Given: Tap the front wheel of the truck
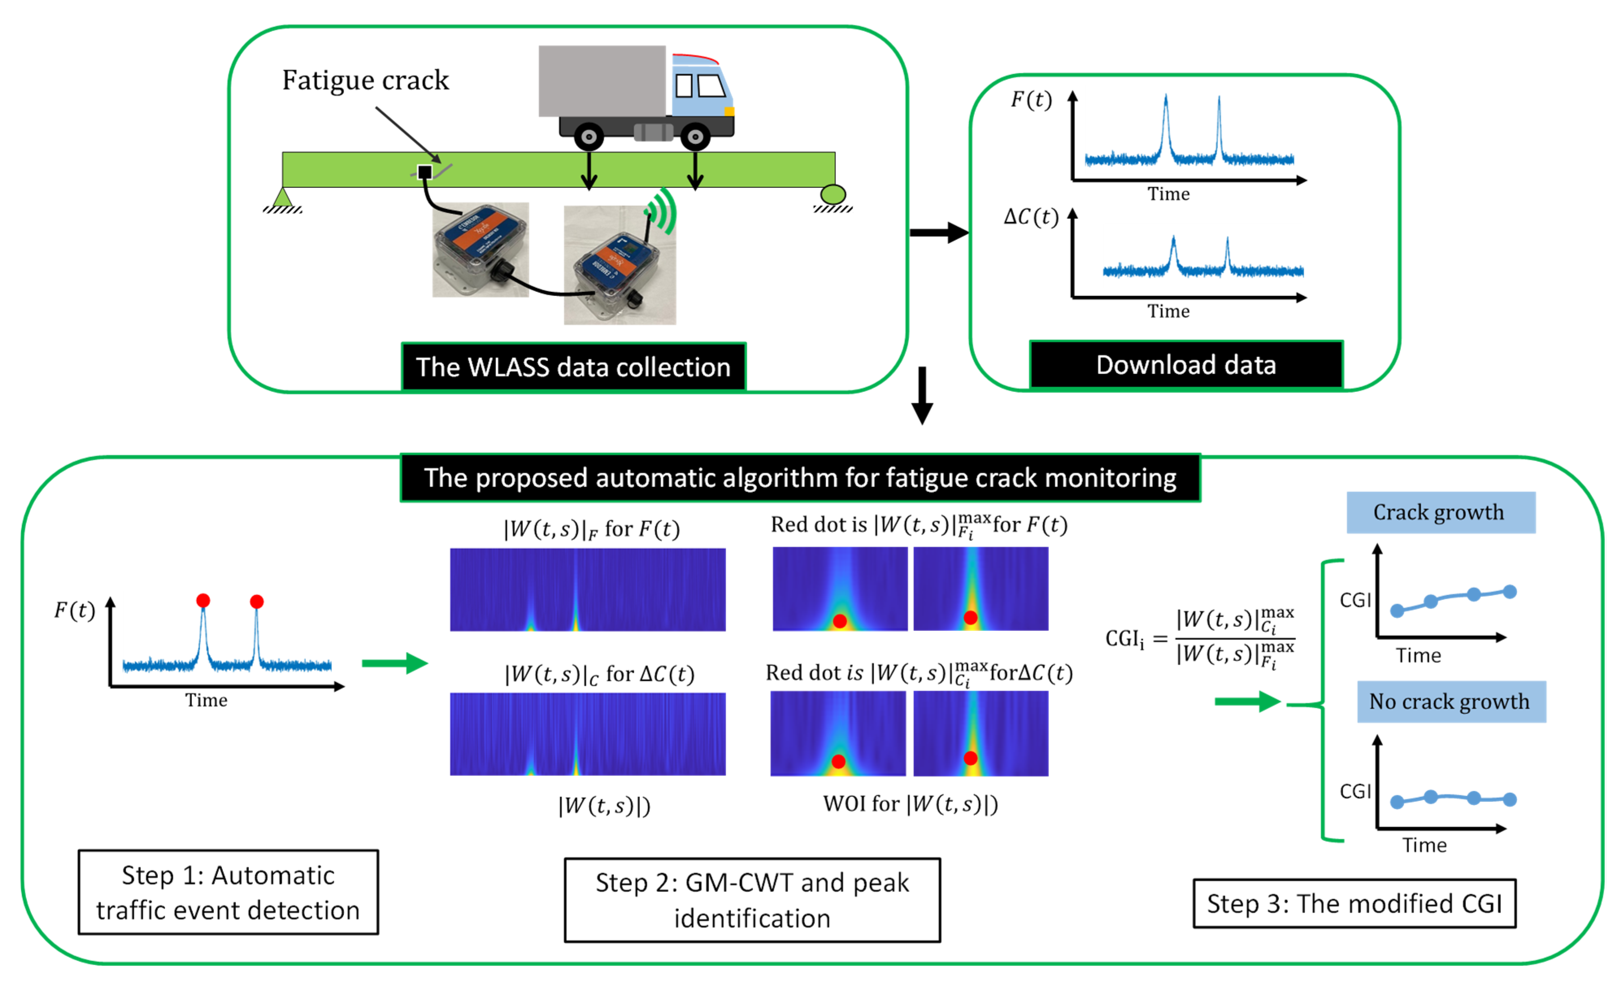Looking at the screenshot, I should pos(695,137).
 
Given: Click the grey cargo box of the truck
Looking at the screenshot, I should pos(602,80).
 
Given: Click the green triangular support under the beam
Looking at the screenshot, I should pos(282,197).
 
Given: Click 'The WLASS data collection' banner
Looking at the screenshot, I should pos(573,367).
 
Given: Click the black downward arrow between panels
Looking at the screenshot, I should pos(922,395).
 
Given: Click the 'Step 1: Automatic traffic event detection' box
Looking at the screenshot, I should pos(228,892).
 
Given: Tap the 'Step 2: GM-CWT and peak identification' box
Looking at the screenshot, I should pos(752,900).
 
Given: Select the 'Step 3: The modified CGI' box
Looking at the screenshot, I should pos(1354,903).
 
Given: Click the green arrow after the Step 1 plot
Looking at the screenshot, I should pos(395,663).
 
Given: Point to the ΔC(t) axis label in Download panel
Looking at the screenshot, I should pos(1031,217).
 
